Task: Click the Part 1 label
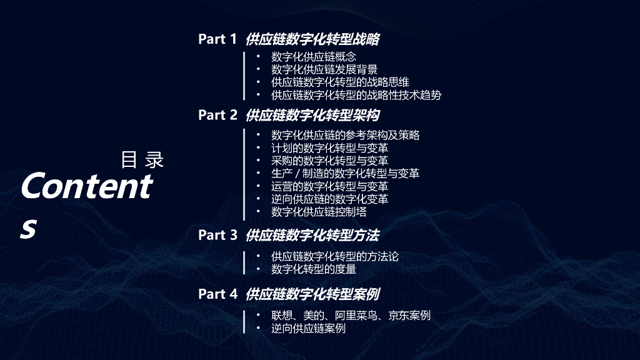217,39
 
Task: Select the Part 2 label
217,115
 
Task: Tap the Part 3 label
217,235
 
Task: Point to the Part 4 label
217,294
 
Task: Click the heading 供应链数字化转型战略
312,39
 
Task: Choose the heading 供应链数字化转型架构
312,115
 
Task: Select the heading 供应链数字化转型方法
312,235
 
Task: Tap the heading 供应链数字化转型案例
312,294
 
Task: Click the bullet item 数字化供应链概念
314,57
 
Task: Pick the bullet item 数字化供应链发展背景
324,69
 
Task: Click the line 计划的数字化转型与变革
329,147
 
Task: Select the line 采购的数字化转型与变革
329,161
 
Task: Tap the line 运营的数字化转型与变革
329,186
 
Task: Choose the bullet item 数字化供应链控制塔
319,212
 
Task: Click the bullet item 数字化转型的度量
314,269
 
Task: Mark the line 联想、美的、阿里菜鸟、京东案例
351,316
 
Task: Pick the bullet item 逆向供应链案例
308,328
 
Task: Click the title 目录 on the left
142,160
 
